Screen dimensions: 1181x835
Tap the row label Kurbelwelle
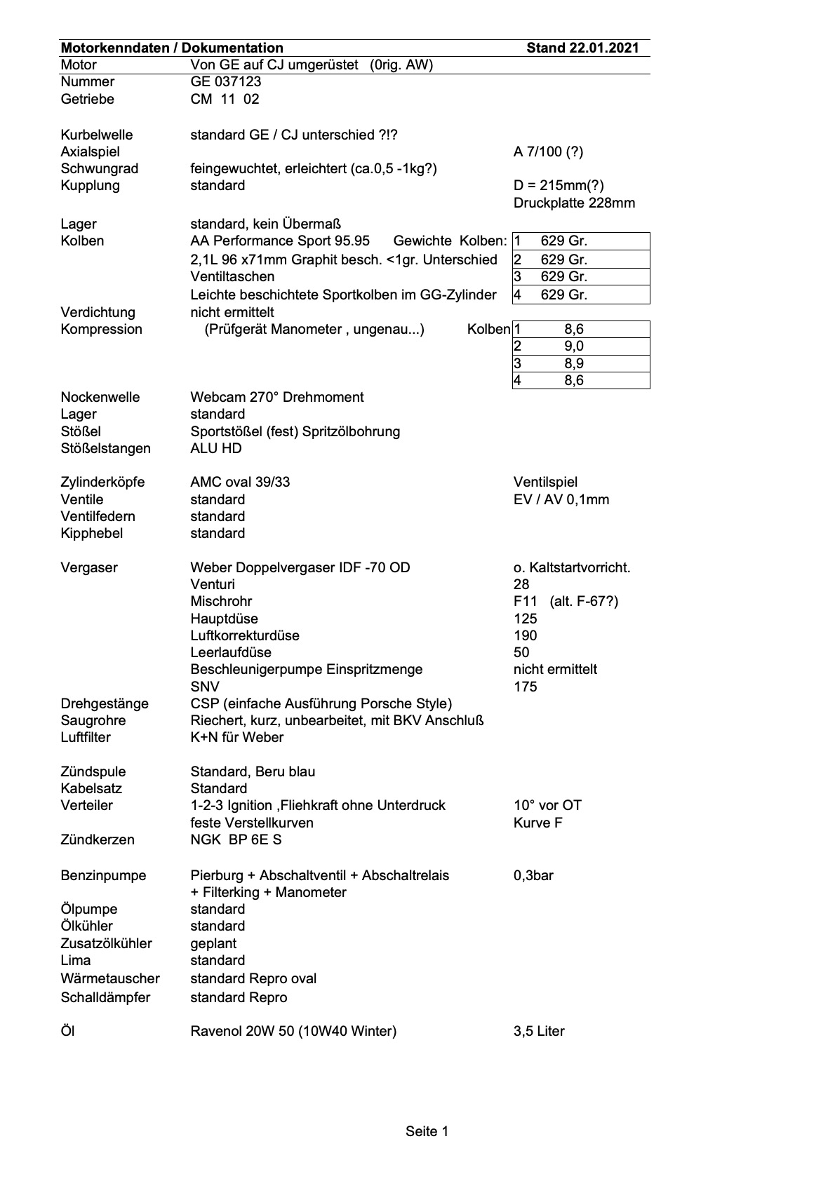click(96, 135)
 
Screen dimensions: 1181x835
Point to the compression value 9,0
click(573, 346)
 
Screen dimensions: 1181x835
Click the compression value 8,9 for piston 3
click(573, 363)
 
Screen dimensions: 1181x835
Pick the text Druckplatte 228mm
click(574, 203)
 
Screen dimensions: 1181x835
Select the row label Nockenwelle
click(100, 398)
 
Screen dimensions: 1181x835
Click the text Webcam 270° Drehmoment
click(276, 398)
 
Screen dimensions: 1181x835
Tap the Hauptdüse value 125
click(525, 619)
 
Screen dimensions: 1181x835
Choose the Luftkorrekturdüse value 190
click(525, 635)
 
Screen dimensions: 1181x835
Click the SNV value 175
click(525, 687)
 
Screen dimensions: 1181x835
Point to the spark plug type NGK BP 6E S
click(236, 839)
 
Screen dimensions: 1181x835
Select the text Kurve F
click(537, 823)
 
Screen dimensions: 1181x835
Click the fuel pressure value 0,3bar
click(533, 875)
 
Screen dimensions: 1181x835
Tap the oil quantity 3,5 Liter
click(539, 1032)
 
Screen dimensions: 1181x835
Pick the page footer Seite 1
click(427, 1131)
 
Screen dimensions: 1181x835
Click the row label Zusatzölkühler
click(106, 943)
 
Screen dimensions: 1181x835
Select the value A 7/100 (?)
click(548, 152)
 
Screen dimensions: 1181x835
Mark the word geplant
click(213, 943)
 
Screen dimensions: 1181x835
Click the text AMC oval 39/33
click(240, 482)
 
